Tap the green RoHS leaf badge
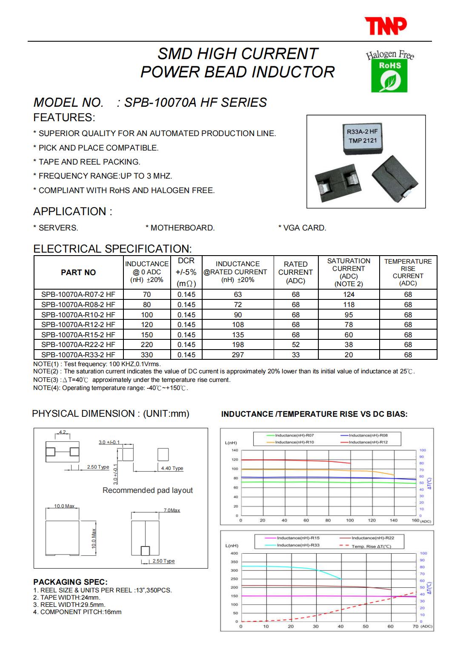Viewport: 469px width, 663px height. tap(386, 76)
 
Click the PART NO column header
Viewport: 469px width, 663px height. tap(78, 273)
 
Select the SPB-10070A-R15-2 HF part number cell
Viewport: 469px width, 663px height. tap(78, 335)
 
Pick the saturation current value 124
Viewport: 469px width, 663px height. tap(349, 294)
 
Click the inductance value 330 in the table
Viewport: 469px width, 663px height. tap(147, 355)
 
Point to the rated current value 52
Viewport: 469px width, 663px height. tap(295, 344)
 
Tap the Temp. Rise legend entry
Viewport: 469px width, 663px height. tap(371, 546)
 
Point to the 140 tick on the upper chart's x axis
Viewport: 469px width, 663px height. tap(394, 520)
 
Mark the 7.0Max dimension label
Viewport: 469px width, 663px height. tap(172, 510)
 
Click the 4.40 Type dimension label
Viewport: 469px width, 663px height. tap(172, 468)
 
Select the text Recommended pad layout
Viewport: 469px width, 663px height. tap(148, 490)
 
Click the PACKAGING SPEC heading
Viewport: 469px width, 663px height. tap(70, 582)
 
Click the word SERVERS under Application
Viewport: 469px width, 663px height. tap(58, 228)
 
